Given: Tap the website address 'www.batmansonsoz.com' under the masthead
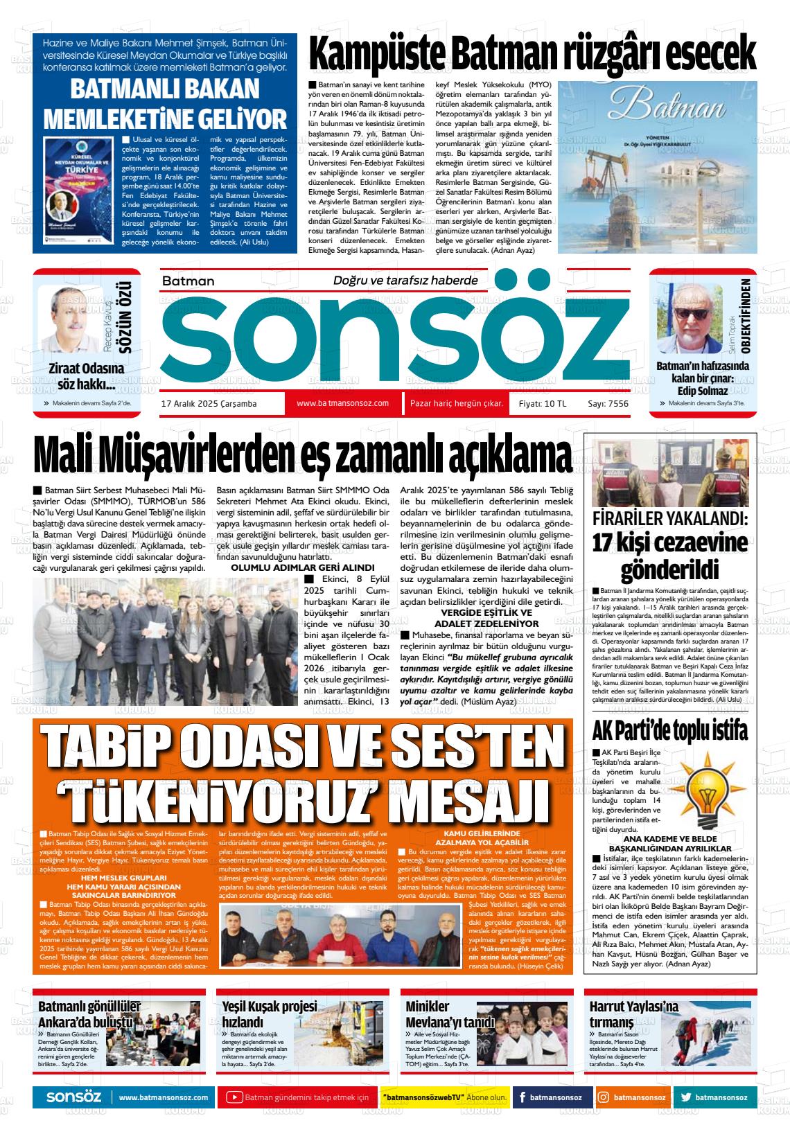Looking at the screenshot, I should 342,403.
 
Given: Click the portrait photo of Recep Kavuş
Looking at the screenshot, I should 74,321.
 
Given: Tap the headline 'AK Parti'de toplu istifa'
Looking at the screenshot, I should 670,732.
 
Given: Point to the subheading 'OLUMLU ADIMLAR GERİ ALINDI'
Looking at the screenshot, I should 302,567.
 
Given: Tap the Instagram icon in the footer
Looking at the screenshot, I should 604,1097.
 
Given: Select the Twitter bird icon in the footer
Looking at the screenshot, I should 685,1097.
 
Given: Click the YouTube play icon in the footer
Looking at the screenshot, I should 235,1097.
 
